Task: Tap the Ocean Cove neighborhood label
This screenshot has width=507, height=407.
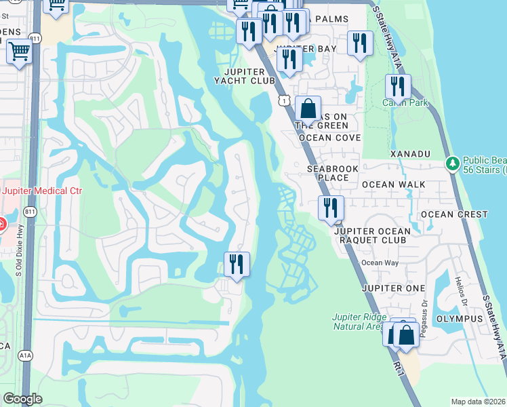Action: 325,138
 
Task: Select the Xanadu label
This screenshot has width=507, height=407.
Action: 410,154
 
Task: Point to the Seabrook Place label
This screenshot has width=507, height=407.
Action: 327,173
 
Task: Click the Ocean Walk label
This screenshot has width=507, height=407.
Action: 393,185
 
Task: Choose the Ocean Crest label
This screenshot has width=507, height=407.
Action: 454,214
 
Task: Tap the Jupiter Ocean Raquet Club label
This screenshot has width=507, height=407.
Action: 372,235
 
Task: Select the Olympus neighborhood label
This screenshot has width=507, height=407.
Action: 459,319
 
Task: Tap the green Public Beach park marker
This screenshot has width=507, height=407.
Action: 452,163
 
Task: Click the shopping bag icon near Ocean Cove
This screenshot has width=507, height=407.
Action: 308,109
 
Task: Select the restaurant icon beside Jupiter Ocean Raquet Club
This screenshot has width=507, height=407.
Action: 331,207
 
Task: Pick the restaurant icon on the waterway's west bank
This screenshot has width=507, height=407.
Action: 237,263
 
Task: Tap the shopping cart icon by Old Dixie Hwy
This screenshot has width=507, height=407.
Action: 20,51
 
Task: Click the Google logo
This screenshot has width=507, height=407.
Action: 22,399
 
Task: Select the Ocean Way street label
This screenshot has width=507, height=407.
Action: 375,263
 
